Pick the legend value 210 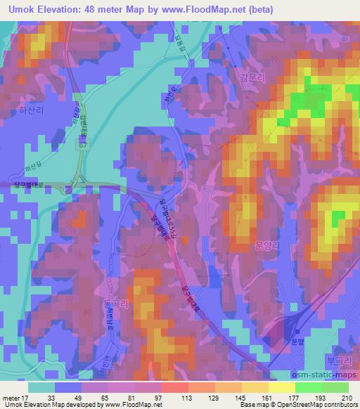[347, 398]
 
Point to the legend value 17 [27, 398]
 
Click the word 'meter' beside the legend [10, 398]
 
